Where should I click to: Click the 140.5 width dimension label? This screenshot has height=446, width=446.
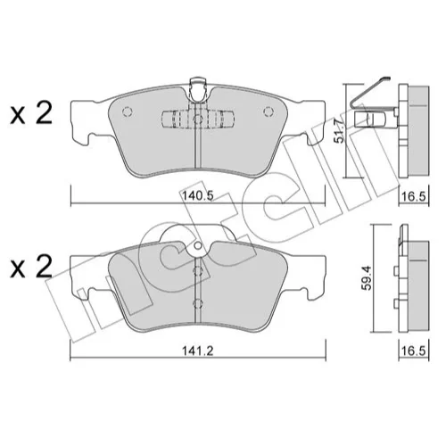click(198, 196)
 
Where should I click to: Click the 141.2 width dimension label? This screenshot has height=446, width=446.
click(198, 351)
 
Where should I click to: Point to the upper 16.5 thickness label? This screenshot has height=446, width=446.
click(415, 196)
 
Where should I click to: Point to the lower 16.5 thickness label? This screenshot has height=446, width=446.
click(415, 351)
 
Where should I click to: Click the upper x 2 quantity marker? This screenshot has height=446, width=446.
click(31, 113)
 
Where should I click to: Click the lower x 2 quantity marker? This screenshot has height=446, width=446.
click(31, 267)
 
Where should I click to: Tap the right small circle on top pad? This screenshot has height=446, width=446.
click(268, 111)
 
